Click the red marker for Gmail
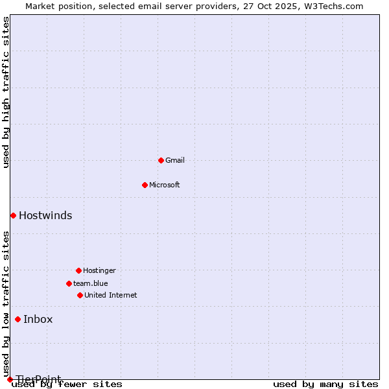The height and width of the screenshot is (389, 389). point(161,160)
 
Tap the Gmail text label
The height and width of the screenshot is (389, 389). point(175,160)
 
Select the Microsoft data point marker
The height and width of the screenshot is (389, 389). point(145,185)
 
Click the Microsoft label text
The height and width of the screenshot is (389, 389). point(165,185)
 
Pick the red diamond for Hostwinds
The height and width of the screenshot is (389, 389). point(13,215)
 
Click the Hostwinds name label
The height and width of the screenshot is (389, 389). point(45,216)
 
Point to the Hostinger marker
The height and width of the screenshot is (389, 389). point(78,270)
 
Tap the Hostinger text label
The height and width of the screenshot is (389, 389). point(99,270)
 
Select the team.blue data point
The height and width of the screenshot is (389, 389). point(69,283)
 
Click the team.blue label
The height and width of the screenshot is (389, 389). point(91,283)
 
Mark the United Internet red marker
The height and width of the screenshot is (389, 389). point(80,295)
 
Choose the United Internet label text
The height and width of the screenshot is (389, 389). point(111,295)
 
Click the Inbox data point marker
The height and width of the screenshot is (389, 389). point(18,319)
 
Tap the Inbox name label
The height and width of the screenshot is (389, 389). point(38,319)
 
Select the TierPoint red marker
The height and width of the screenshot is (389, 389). point(10,379)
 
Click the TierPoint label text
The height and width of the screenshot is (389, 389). point(39,379)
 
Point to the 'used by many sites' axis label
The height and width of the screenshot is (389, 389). point(325,384)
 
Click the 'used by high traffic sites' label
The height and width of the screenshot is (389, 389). point(6,93)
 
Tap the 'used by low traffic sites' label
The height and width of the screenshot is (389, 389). point(6,304)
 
